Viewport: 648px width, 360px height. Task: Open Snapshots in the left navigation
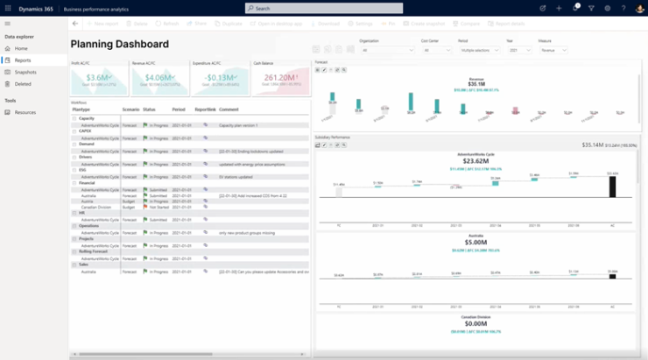point(25,72)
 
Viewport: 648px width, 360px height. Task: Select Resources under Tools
point(25,112)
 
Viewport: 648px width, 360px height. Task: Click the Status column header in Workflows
point(149,109)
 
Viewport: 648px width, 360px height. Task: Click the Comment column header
point(229,109)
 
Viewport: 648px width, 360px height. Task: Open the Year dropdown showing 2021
point(518,51)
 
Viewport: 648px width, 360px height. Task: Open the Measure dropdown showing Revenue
point(553,51)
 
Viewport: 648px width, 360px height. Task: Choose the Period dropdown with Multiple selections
point(479,51)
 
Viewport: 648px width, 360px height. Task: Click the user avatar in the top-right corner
point(640,8)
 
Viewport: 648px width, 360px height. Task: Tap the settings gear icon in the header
point(608,8)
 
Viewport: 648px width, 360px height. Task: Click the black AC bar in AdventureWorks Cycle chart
point(612,186)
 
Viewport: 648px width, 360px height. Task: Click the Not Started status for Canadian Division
point(158,207)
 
